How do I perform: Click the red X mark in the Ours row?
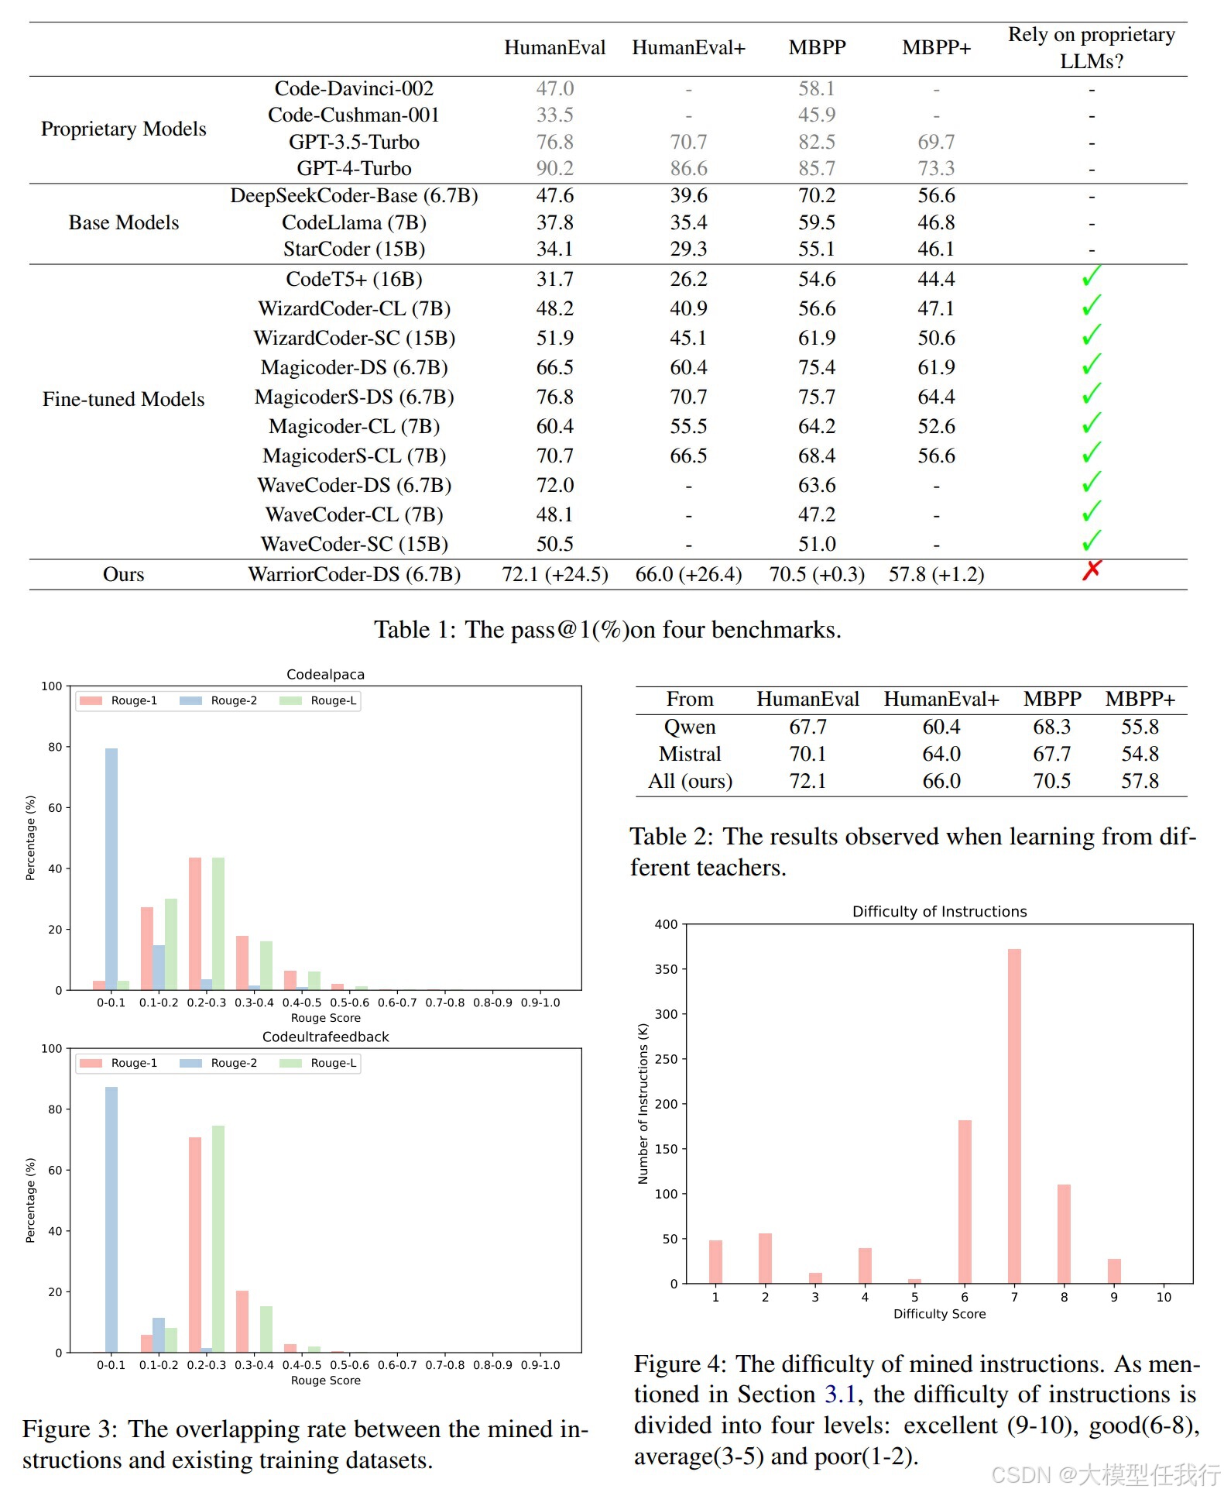1091,571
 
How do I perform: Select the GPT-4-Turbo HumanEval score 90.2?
554,168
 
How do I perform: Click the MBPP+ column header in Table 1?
936,47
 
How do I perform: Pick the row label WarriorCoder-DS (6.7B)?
354,574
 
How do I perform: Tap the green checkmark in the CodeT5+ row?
1091,277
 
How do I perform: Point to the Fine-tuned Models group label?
123,399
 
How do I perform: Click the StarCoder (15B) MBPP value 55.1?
817,249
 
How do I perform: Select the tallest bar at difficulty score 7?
1014,1116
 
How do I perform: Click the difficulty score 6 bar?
965,1201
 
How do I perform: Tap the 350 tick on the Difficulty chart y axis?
666,969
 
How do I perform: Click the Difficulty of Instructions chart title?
939,911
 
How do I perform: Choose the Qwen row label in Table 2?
690,727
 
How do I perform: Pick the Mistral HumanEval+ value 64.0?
941,754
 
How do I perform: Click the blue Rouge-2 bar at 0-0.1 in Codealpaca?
111,868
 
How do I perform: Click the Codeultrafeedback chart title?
325,1037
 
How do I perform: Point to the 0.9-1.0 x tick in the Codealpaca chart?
540,1002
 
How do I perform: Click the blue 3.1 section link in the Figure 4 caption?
839,1395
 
